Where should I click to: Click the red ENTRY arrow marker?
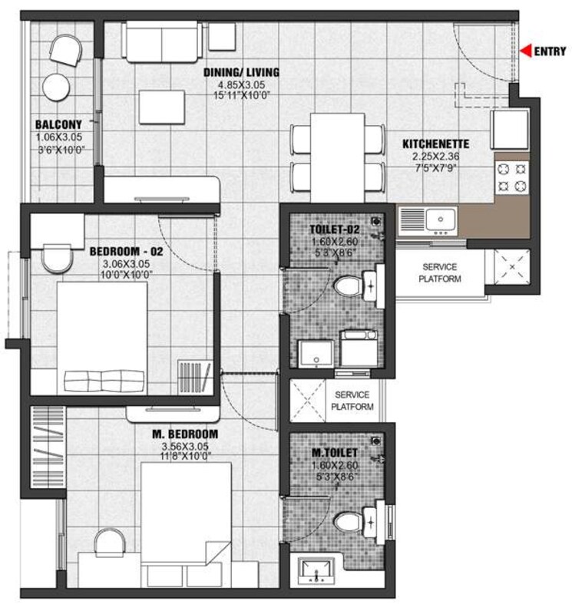(525, 51)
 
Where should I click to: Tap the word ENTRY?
(550, 52)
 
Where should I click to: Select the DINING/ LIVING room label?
(241, 73)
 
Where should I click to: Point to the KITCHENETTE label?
(436, 144)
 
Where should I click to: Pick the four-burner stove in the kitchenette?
(511, 177)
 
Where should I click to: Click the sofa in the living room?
(164, 41)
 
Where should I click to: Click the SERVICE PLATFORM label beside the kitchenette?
(440, 272)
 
